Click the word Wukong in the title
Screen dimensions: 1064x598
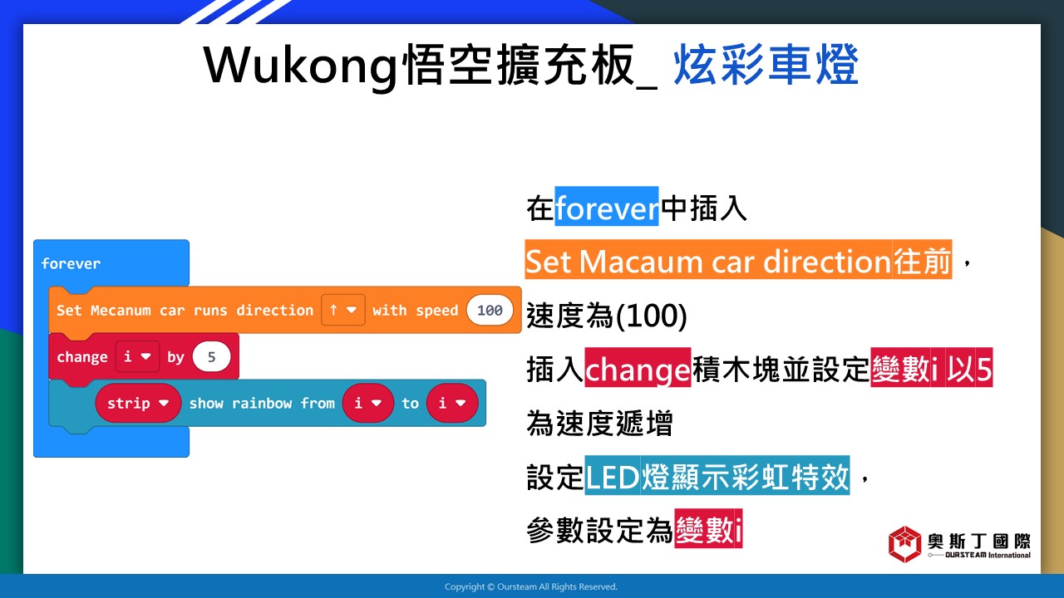[x=300, y=66]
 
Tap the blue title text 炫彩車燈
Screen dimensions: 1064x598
[x=766, y=65]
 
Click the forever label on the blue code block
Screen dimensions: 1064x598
[x=71, y=263]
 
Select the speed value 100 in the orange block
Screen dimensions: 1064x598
[x=490, y=311]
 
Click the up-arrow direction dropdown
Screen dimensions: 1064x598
[x=343, y=310]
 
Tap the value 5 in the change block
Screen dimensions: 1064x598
[x=212, y=357]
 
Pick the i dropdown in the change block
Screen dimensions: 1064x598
[x=137, y=356]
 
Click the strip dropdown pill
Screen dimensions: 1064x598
[x=138, y=404]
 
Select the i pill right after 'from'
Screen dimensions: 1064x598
[x=368, y=404]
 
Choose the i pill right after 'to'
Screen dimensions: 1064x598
[x=451, y=404]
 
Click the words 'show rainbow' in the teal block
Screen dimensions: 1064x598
[x=240, y=404]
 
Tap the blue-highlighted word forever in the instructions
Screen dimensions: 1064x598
[x=607, y=207]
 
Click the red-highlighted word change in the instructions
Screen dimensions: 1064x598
[x=638, y=368]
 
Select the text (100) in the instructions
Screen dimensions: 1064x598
[x=651, y=316]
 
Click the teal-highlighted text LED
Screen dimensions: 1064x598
[x=612, y=477]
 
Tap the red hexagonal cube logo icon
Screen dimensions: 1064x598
[x=905, y=544]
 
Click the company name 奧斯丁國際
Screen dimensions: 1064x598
[x=979, y=541]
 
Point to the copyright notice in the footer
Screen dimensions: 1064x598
[x=531, y=586]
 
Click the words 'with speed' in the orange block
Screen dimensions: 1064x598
[x=415, y=311]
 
